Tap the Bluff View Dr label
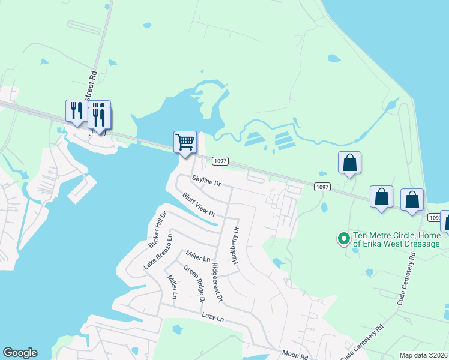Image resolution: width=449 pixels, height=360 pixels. (199, 205)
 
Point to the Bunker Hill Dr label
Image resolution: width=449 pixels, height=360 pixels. (157, 230)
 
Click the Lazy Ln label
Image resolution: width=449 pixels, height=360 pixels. (212, 316)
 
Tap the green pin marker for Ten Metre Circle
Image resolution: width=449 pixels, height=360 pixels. (344, 239)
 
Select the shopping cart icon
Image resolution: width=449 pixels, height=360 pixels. (185, 143)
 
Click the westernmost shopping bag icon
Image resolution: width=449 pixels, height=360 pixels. (350, 163)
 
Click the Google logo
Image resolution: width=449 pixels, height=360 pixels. (20, 353)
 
